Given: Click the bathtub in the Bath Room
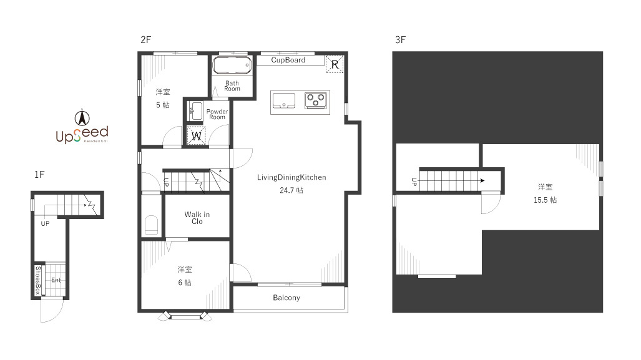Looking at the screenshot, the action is (232, 66).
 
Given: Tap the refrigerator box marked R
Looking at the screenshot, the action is (335, 64).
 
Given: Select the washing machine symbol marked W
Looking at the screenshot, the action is (196, 135).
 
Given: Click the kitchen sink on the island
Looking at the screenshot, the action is (284, 100).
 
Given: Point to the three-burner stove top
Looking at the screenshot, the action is (316, 100).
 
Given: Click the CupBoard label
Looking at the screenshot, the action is (288, 60).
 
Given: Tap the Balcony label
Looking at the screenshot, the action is (286, 298).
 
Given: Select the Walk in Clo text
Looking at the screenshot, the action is (197, 218).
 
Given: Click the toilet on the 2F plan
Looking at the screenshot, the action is (151, 225).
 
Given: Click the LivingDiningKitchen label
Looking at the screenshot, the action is (291, 177).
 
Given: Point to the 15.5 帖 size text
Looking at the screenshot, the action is (545, 200).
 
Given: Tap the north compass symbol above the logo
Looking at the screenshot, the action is (82, 118).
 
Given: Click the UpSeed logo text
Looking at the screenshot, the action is (82, 134).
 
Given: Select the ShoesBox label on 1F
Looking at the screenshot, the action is (38, 280).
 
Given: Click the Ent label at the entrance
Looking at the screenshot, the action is (56, 280).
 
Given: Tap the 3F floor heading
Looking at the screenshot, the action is (400, 40).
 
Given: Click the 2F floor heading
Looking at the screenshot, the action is (145, 40).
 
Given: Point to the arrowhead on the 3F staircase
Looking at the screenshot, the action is (482, 180).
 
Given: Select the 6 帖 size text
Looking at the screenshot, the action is (185, 283).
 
